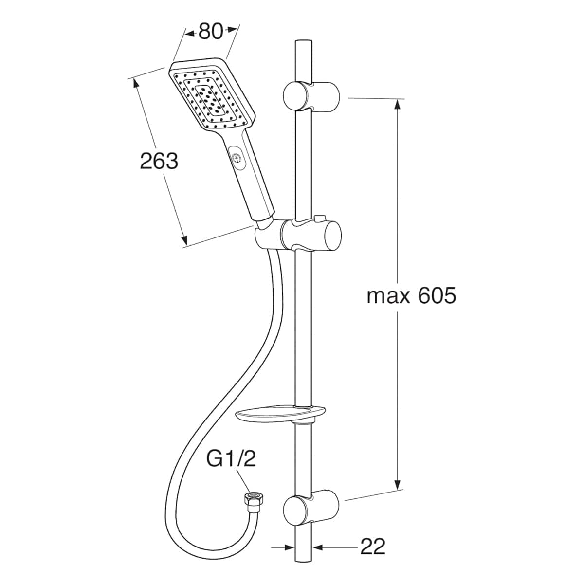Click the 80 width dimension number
click(211, 31)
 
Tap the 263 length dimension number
click(159, 161)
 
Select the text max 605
click(411, 296)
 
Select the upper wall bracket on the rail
click(311, 96)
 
